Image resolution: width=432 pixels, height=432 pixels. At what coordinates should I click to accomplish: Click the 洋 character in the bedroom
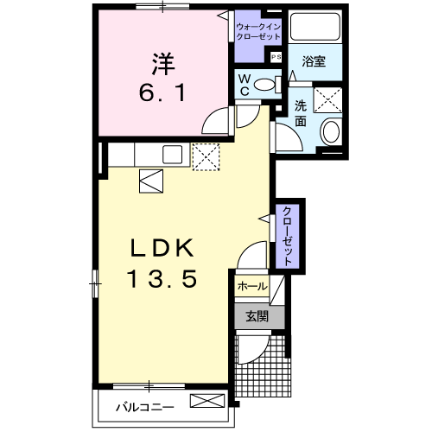[163, 64]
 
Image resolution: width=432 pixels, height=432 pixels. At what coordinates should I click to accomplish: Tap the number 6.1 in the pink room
[162, 92]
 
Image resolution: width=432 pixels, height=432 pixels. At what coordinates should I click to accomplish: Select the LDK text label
[162, 248]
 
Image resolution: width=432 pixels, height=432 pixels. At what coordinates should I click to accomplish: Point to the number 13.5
[162, 279]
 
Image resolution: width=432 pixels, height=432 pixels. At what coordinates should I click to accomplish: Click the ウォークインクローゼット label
[258, 32]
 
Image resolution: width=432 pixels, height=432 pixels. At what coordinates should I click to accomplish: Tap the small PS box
[276, 57]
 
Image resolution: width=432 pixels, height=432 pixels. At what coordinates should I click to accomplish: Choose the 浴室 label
[314, 61]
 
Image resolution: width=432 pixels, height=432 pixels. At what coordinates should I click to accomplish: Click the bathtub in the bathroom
[315, 26]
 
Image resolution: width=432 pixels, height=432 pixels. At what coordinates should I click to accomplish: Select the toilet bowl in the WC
[265, 85]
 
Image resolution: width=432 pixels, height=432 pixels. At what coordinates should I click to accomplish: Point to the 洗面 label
[301, 114]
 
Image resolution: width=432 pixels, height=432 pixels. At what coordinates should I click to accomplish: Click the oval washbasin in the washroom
[331, 131]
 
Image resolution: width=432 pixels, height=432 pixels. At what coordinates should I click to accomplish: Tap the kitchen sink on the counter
[173, 155]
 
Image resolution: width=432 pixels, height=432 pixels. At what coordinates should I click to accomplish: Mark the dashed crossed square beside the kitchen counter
[206, 156]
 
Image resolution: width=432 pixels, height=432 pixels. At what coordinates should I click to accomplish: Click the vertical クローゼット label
[288, 237]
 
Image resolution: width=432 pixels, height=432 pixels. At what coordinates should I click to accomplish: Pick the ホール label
[252, 286]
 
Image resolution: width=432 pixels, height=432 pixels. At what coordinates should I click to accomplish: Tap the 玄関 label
[257, 316]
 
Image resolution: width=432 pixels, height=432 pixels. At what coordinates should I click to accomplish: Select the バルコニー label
[145, 407]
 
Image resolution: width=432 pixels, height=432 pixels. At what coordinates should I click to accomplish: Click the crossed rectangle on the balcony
[207, 401]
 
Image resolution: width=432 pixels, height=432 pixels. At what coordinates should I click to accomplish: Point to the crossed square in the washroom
[327, 100]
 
